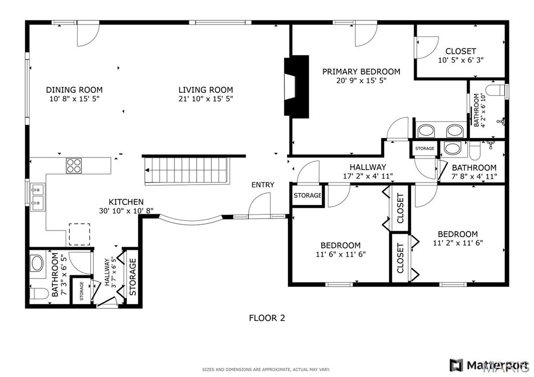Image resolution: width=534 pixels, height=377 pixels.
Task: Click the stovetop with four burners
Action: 74,166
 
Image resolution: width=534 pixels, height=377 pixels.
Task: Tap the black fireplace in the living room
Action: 296,87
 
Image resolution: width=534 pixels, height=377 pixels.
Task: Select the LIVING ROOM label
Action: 205,90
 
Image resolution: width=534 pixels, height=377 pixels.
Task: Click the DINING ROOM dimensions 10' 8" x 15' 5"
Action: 74,99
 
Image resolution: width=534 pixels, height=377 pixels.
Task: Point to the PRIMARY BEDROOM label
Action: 361,71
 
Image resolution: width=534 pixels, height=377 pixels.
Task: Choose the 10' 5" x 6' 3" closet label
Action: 461,55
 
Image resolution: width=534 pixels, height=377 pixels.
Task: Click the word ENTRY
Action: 263,185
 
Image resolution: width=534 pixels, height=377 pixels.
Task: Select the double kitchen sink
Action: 38,197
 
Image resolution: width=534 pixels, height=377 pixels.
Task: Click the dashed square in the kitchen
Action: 80,234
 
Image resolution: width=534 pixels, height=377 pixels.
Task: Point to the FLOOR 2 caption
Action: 267,318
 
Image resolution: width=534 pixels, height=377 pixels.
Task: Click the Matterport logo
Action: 489,364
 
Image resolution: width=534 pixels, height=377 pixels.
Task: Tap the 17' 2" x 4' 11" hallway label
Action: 368,172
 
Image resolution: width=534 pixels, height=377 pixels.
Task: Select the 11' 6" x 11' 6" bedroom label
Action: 341,250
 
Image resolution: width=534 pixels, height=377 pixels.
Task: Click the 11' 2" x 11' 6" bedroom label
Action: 458,238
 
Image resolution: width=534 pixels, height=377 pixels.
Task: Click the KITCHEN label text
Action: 126,202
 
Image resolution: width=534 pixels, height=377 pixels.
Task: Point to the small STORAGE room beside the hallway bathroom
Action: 424,149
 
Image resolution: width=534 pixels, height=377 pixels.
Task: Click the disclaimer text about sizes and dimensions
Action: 266,370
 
